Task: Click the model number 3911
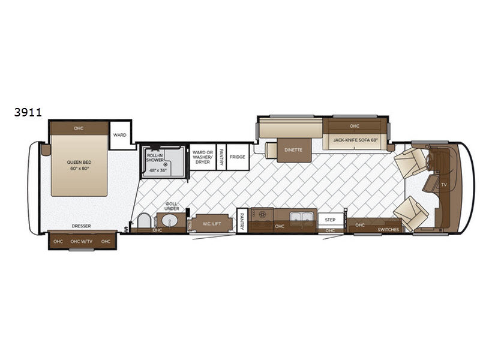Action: [28, 112]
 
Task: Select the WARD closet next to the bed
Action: [120, 136]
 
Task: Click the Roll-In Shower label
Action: [155, 158]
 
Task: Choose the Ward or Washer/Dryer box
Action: [203, 157]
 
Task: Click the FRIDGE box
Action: [238, 157]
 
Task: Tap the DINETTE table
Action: [293, 150]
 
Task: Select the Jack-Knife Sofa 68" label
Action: [355, 140]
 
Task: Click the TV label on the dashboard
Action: [444, 185]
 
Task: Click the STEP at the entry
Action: [330, 220]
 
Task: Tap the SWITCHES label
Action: [388, 230]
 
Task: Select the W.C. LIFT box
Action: [212, 224]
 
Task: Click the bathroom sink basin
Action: [170, 221]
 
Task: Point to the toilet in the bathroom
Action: [144, 221]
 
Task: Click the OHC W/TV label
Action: [82, 242]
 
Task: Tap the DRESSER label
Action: [82, 226]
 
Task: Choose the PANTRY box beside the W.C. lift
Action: [242, 220]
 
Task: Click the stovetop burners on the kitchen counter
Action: [262, 214]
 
